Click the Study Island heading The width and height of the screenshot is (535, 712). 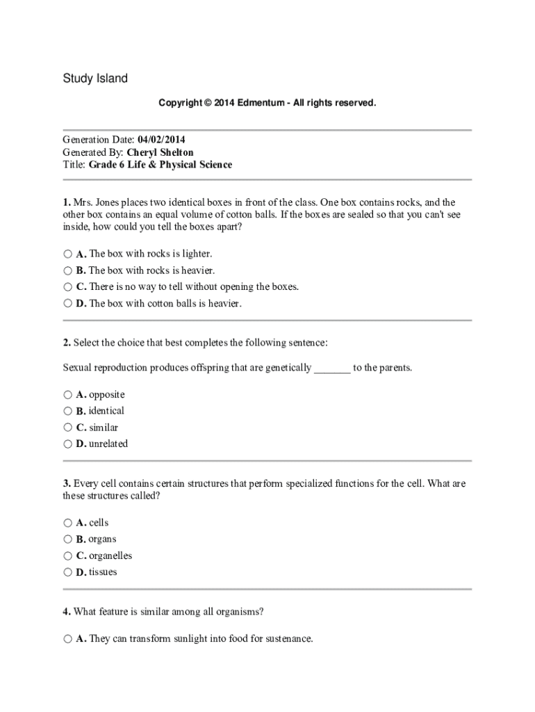pos(95,79)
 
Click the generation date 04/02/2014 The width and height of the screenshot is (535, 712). pos(161,139)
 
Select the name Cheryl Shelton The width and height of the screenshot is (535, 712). pos(160,152)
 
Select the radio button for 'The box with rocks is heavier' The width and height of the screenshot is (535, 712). pos(67,270)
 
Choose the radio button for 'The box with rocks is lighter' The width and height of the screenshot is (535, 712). pos(67,254)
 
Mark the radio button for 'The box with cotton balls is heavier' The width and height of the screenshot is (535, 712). pos(67,303)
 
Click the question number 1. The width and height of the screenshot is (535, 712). pos(66,202)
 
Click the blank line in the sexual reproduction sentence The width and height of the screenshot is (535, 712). pos(332,368)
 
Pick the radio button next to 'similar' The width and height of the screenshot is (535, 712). pos(67,428)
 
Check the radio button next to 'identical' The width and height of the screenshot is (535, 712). pos(67,411)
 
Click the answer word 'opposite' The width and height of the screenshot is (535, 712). pos(107,394)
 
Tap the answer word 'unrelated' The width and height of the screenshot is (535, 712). pos(108,444)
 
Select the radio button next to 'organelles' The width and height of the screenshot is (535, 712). pos(67,556)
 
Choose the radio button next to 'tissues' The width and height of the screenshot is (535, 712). pos(67,572)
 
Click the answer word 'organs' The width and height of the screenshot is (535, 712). pos(102,539)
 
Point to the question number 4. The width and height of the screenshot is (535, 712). pos(66,612)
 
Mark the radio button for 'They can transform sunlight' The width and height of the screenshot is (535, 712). pos(67,638)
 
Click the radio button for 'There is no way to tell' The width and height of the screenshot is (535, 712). pos(67,286)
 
